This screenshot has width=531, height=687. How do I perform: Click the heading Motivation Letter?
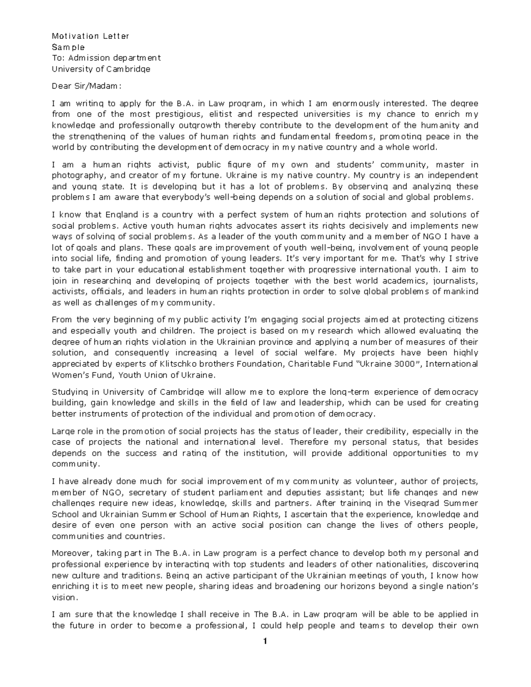90,36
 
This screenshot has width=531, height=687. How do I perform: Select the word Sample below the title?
68,47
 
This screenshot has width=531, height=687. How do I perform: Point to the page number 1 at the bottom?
265,642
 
